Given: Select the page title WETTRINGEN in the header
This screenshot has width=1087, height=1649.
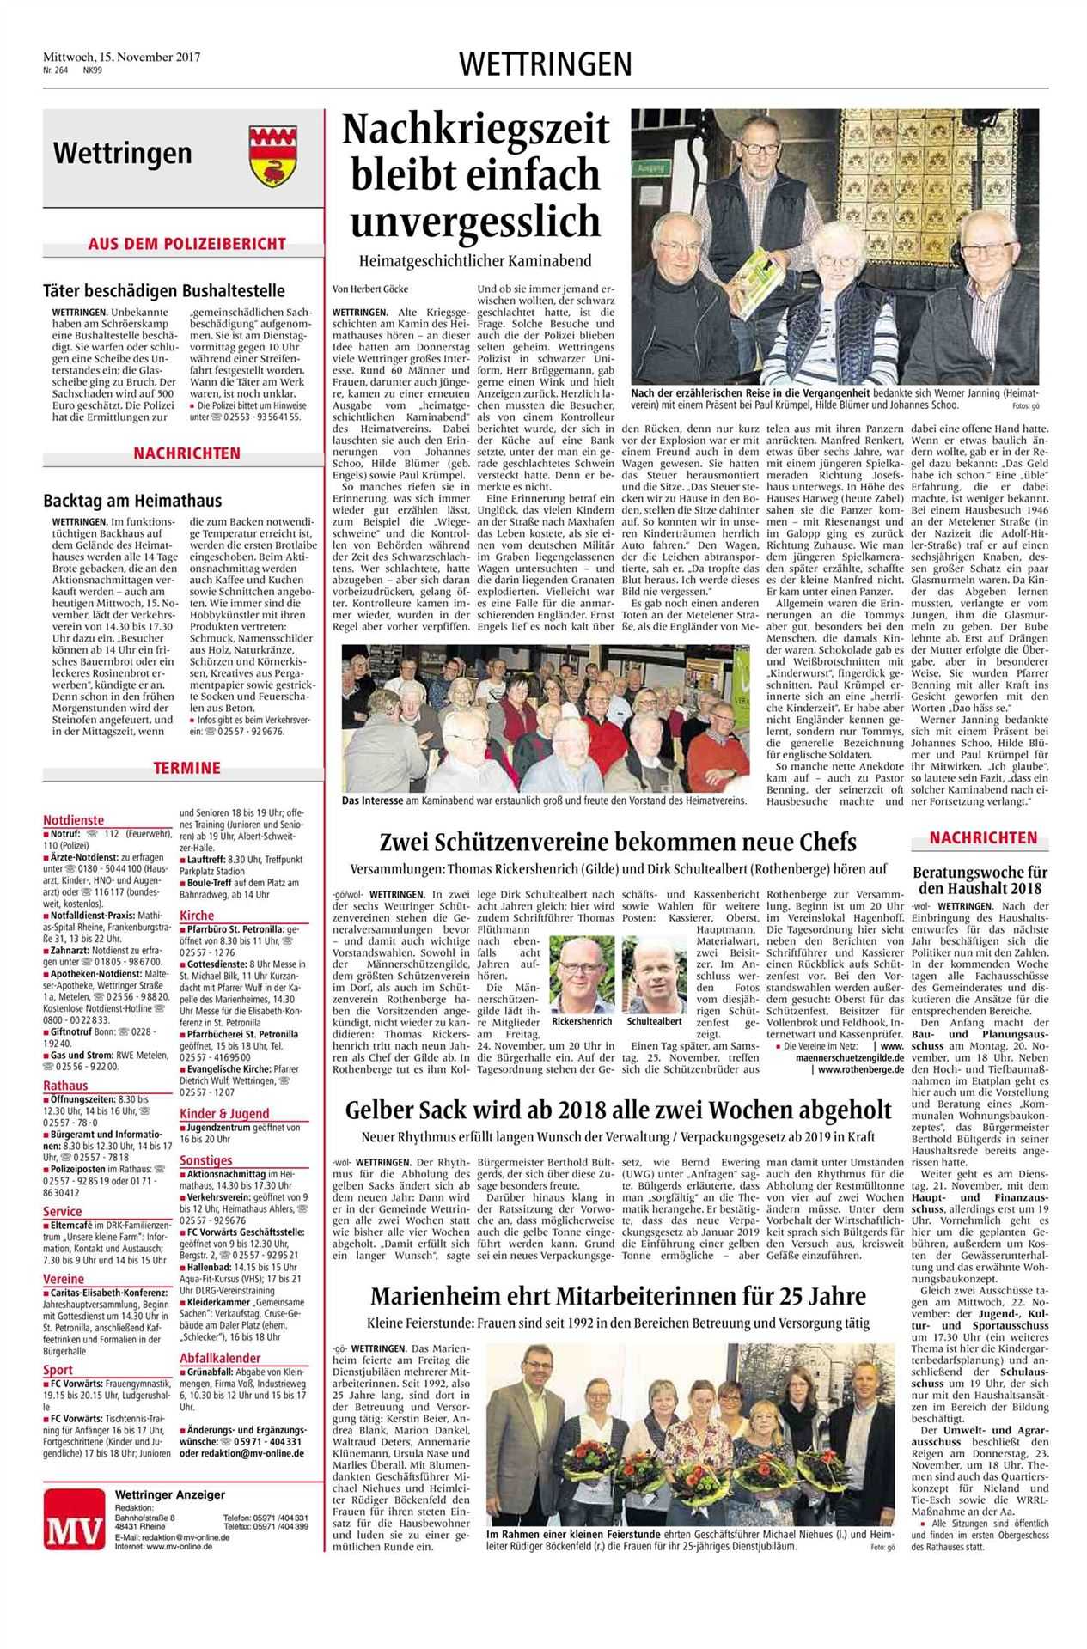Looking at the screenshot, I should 546,64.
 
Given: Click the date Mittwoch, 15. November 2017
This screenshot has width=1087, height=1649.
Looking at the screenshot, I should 121,57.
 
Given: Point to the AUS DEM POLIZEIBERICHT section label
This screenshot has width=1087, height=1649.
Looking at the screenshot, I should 186,244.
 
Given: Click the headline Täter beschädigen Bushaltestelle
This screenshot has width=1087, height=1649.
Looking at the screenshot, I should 164,290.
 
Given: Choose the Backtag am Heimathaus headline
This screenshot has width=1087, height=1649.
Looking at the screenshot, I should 132,500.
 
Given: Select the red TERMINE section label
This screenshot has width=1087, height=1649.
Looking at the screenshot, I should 186,767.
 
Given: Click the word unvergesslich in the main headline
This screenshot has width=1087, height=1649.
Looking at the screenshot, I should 475,221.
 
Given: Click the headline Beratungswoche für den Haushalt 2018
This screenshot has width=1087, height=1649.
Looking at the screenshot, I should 983,879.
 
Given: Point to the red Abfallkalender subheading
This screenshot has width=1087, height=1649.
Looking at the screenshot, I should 220,1358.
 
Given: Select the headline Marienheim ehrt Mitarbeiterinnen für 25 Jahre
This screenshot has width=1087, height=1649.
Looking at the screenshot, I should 618,1295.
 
